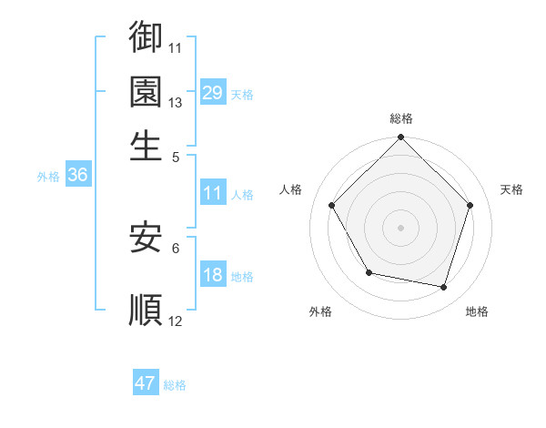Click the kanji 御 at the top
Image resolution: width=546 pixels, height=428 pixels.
pyautogui.click(x=146, y=37)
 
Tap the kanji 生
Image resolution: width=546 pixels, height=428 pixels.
pyautogui.click(x=146, y=145)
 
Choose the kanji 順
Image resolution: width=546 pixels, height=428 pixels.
pyautogui.click(x=146, y=309)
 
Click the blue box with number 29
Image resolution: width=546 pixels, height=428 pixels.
pyautogui.click(x=213, y=92)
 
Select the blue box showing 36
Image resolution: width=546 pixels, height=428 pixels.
pyautogui.click(x=77, y=176)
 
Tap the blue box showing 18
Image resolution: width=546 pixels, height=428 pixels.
pyautogui.click(x=213, y=275)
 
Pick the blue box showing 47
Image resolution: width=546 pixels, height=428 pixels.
pyautogui.click(x=146, y=383)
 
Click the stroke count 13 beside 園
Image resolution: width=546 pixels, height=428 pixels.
pyautogui.click(x=176, y=102)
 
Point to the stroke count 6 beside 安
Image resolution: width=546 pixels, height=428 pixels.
pyautogui.click(x=176, y=247)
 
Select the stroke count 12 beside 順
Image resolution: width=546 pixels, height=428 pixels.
pyautogui.click(x=176, y=321)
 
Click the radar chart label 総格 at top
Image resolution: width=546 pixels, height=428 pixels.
pyautogui.click(x=401, y=118)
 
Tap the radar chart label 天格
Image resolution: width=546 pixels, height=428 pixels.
pyautogui.click(x=511, y=189)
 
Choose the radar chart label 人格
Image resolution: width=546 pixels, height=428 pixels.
pyautogui.click(x=291, y=189)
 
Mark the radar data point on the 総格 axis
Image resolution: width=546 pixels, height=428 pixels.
pyautogui.click(x=400, y=138)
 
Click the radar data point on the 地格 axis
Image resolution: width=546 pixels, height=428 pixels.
pyautogui.click(x=444, y=288)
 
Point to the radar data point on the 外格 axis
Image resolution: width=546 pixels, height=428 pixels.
pyautogui.click(x=369, y=272)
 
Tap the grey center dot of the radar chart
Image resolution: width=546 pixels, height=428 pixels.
pyautogui.click(x=400, y=227)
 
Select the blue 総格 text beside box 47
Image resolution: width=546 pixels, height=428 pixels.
pyautogui.click(x=175, y=385)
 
